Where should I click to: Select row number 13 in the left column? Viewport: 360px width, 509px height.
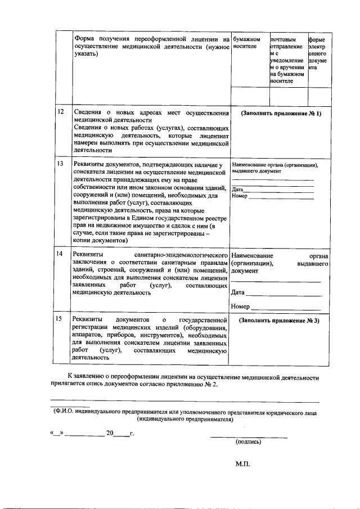click(60, 163)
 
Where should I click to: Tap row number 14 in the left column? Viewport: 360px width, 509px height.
click(60, 254)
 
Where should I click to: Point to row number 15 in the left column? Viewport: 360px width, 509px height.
click(60, 319)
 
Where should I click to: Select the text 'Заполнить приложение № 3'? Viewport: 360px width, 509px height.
click(279, 320)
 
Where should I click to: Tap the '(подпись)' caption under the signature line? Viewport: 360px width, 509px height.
click(248, 442)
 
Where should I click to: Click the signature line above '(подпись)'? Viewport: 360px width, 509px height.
click(249, 437)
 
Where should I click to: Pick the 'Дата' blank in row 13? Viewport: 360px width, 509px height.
click(278, 190)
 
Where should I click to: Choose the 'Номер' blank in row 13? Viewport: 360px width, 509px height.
click(281, 197)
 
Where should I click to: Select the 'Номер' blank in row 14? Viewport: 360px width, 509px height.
click(286, 307)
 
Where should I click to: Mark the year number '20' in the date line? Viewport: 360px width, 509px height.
click(110, 433)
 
